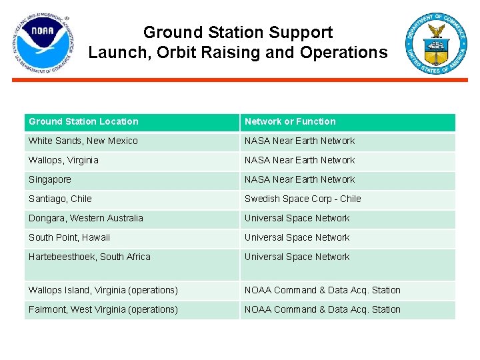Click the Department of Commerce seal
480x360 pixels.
(x=437, y=43)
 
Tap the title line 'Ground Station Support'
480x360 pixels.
(x=238, y=32)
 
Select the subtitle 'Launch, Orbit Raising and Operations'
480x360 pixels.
(x=238, y=53)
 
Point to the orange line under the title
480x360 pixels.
(x=240, y=80)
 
